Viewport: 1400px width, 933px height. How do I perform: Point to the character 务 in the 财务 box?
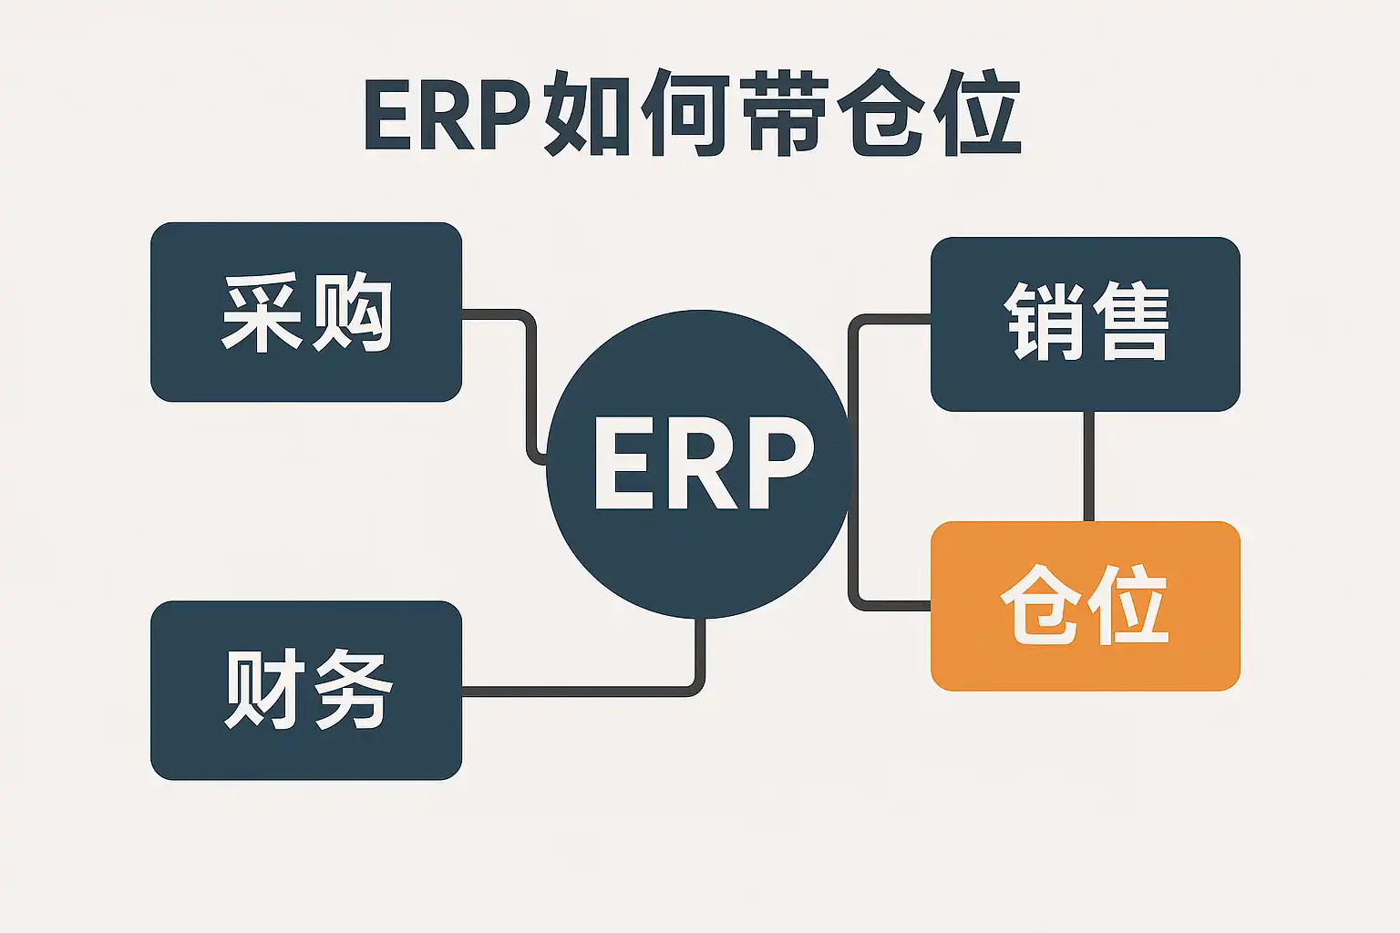pyautogui.click(x=352, y=690)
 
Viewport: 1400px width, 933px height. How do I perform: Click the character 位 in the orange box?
pyautogui.click(x=1128, y=605)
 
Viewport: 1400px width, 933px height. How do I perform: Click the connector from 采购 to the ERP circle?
pyautogui.click(x=530, y=383)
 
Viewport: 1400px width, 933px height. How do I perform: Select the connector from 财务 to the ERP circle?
pyautogui.click(x=583, y=692)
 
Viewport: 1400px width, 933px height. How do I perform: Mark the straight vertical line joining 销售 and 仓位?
pyautogui.click(x=1088, y=466)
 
